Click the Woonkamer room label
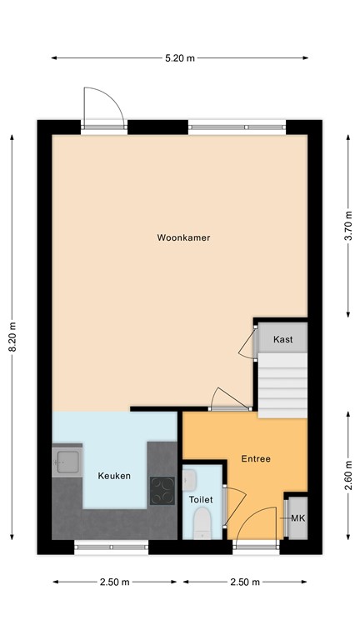click(183, 237)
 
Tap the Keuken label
click(114, 476)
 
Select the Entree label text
click(255, 459)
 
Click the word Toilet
click(201, 499)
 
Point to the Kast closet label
click(282, 339)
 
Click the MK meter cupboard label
click(297, 519)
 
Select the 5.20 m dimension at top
click(179, 57)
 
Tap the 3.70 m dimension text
click(347, 225)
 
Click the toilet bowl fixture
click(201, 524)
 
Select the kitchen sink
click(66, 462)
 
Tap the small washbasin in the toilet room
click(189, 478)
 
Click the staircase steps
click(282, 383)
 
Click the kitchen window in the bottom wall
click(111, 547)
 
